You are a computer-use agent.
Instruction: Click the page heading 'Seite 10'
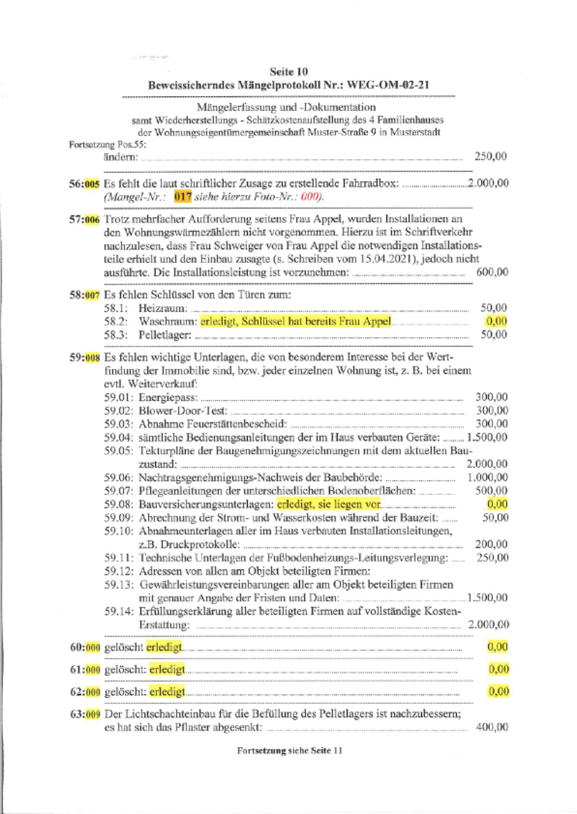click(x=288, y=71)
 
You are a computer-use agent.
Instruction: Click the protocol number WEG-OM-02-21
click(x=388, y=85)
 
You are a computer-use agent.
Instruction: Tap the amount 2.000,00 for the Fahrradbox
click(x=488, y=183)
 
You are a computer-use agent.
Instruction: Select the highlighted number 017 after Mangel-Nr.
click(x=183, y=196)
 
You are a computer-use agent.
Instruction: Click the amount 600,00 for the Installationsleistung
click(x=492, y=272)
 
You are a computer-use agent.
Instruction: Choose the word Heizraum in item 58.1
click(x=162, y=308)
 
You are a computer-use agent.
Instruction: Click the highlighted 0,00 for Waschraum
click(x=496, y=321)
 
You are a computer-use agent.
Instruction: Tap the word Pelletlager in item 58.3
click(x=165, y=335)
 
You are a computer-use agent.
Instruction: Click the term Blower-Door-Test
click(x=183, y=411)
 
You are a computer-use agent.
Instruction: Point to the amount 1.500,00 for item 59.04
click(x=487, y=437)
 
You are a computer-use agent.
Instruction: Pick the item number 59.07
click(x=118, y=491)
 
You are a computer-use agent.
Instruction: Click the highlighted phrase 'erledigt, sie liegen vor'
click(x=329, y=504)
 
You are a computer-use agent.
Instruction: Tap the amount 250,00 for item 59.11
click(x=492, y=558)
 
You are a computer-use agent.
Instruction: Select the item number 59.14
click(x=118, y=611)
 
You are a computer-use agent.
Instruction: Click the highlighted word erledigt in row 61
click(x=167, y=669)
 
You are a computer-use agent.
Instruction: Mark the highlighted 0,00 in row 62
click(x=499, y=691)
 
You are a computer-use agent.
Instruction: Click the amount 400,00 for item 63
click(x=492, y=727)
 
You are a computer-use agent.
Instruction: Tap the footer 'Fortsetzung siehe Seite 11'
click(x=289, y=750)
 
